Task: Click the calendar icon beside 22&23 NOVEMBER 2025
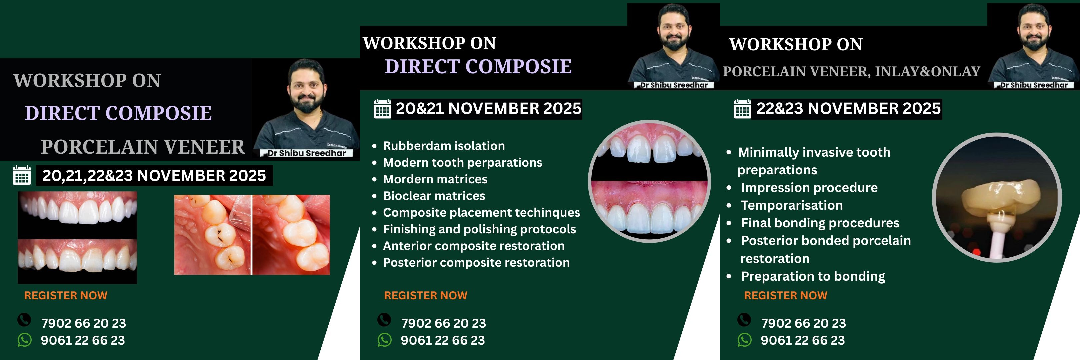pos(742,109)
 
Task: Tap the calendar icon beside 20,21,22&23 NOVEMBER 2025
pos(22,175)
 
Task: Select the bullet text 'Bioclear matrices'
pos(434,196)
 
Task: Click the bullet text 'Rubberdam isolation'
pos(444,146)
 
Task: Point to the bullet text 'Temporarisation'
pos(792,205)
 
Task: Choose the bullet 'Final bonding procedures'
pos(820,223)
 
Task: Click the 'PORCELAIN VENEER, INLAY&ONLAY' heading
pos(851,72)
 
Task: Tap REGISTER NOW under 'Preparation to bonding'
pos(786,295)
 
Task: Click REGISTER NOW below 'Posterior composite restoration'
pos(426,295)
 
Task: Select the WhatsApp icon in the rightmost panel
pos(745,340)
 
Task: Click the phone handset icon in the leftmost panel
pos(24,320)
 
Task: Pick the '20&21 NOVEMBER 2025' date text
pos(488,109)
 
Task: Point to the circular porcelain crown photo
pos(997,197)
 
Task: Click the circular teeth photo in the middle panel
pos(649,181)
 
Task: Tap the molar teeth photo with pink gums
pos(252,235)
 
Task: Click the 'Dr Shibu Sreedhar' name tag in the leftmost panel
pos(306,153)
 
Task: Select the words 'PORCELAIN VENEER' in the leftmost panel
pos(143,147)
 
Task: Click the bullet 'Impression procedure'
pos(809,188)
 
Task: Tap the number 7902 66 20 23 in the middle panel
pos(444,323)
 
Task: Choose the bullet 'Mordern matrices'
pos(435,179)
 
